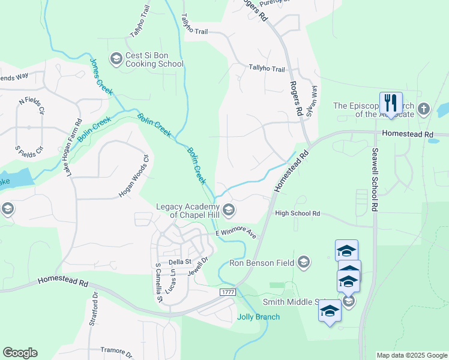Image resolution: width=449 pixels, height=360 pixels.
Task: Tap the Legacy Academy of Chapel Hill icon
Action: pos(229,209)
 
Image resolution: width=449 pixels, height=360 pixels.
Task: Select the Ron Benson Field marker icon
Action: pos(304,262)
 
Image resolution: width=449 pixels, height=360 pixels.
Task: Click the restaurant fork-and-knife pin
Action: pos(391,102)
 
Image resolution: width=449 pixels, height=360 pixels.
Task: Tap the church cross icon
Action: pos(424,109)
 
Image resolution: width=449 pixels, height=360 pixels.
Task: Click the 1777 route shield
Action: pos(228,292)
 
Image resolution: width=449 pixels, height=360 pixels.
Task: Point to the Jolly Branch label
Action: pos(258,317)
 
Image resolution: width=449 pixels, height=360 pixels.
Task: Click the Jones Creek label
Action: pos(101,76)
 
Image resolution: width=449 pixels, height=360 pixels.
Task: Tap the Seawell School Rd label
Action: pos(375,179)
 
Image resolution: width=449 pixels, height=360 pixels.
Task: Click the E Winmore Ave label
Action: pos(237,233)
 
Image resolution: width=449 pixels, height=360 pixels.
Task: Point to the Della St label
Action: pos(179,262)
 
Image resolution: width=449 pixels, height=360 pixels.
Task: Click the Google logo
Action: pos(20,352)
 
